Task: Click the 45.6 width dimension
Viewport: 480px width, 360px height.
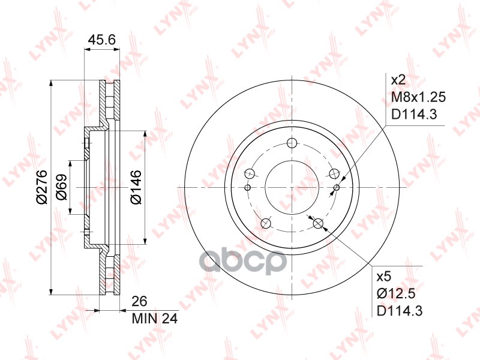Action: (x=101, y=40)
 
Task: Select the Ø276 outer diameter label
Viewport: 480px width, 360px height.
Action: (x=41, y=187)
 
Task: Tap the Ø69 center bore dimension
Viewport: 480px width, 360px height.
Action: (x=62, y=187)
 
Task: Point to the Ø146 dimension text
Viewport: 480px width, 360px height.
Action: (x=136, y=187)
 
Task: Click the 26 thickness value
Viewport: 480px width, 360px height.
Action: (x=139, y=301)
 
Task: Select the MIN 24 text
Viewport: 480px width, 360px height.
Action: (x=155, y=319)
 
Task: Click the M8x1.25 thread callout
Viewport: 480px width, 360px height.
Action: (x=418, y=97)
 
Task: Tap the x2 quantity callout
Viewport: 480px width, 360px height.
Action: (x=398, y=80)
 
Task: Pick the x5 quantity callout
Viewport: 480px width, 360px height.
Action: (x=384, y=277)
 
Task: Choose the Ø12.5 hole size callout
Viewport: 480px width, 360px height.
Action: (x=396, y=294)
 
